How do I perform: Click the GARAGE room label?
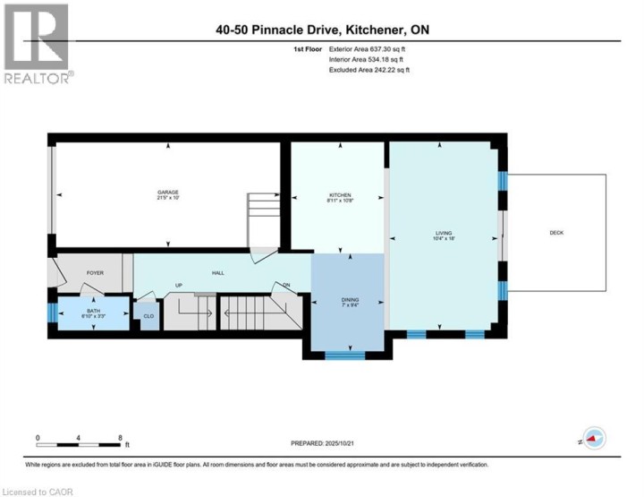click(x=168, y=193)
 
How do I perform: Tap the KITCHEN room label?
click(x=340, y=195)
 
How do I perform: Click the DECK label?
click(x=556, y=233)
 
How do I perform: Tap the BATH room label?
click(x=94, y=310)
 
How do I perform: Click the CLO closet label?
click(x=148, y=316)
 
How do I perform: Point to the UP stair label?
click(x=179, y=286)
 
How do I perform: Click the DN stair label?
click(x=287, y=286)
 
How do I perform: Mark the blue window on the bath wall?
click(x=52, y=314)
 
